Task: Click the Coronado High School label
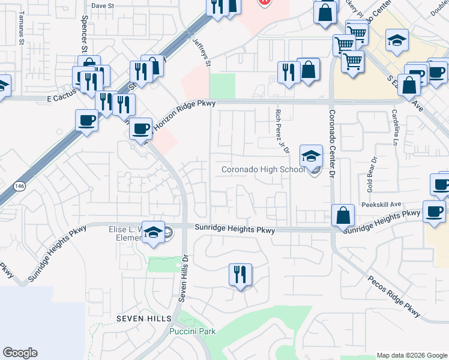click(262, 170)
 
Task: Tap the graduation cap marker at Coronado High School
click(311, 157)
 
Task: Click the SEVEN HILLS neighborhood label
click(144, 318)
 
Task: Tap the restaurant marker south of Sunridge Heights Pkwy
click(240, 275)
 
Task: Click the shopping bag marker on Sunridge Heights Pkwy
click(343, 215)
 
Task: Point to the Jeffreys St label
click(203, 52)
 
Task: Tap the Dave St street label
click(102, 5)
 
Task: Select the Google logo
click(20, 353)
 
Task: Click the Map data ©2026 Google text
click(411, 355)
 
